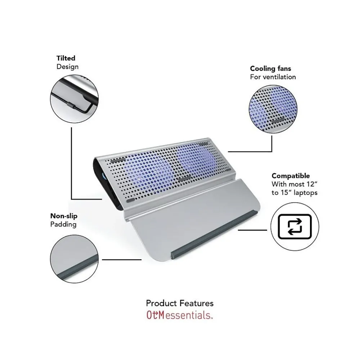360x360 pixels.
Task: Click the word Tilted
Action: (x=66, y=58)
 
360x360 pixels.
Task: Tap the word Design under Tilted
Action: (x=68, y=67)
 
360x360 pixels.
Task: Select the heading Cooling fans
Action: (x=270, y=68)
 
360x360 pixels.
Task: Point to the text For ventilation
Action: (x=273, y=77)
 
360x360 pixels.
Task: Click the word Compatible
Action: (x=291, y=176)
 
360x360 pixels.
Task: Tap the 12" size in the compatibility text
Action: (x=312, y=184)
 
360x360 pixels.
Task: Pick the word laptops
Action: (x=306, y=193)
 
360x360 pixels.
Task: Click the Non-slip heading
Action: (x=64, y=216)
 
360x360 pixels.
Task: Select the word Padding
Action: (x=63, y=224)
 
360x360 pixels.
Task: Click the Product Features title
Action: (x=180, y=303)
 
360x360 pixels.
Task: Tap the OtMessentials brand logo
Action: (x=180, y=315)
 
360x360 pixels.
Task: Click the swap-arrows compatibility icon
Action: (x=295, y=226)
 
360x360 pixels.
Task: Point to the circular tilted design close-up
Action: (x=74, y=99)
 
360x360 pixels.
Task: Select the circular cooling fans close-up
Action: (x=273, y=109)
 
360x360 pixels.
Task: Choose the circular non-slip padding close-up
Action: (x=74, y=259)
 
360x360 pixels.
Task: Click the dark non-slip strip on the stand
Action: (x=215, y=234)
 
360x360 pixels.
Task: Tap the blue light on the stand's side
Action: (x=103, y=177)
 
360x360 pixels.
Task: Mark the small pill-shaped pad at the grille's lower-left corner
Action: (x=130, y=201)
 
